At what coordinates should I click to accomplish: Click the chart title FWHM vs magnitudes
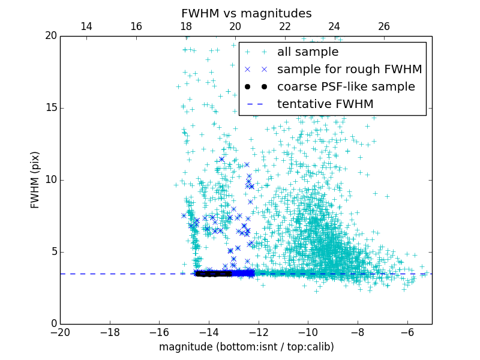point(246,13)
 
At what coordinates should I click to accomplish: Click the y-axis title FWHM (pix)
point(35,179)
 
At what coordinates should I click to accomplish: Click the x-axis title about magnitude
point(246,347)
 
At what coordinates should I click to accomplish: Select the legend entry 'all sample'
point(308,52)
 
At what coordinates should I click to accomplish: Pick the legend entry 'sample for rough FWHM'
point(349,70)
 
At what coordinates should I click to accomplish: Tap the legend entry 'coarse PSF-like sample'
point(346,87)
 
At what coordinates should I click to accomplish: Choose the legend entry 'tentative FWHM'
point(325,104)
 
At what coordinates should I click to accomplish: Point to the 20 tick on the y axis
point(50,36)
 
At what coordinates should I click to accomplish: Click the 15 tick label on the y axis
point(50,108)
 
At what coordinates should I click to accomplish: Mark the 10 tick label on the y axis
point(50,180)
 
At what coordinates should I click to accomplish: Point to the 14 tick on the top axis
point(86,26)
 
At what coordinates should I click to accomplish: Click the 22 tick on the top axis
point(285,26)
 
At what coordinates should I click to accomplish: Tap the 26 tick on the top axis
point(384,26)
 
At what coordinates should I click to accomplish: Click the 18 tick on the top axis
point(185,26)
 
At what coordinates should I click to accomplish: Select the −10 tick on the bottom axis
point(308,332)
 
